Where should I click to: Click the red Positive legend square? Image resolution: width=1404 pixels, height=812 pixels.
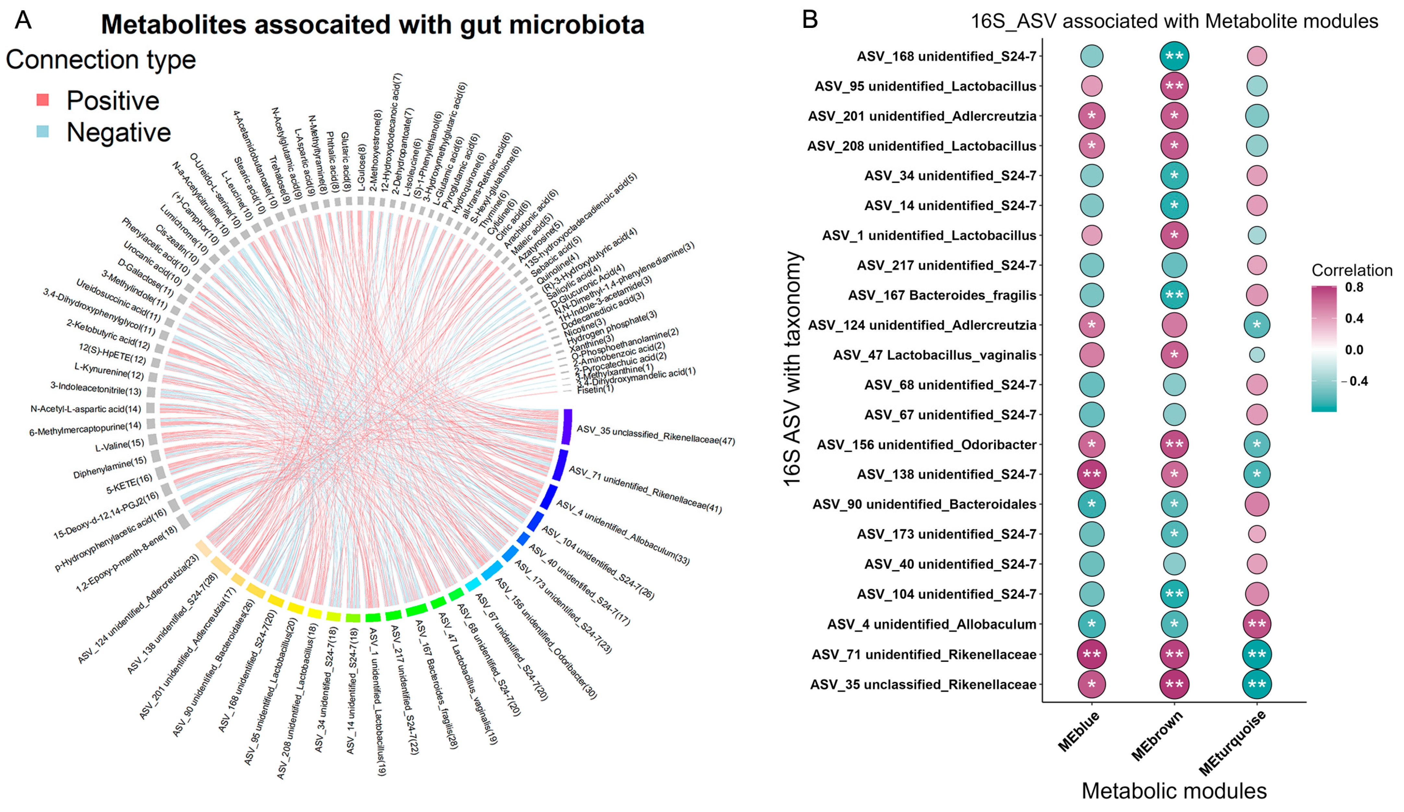tap(42, 100)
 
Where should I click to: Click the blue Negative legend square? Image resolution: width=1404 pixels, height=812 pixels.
tap(42, 131)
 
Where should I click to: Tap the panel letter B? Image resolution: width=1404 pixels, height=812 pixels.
tap(810, 20)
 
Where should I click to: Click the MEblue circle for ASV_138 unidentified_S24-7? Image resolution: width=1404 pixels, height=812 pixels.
tap(1091, 474)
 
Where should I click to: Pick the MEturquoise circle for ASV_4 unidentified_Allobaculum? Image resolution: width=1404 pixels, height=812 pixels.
tap(1256, 624)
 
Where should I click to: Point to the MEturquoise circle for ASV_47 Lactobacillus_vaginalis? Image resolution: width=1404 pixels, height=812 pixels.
tap(1256, 355)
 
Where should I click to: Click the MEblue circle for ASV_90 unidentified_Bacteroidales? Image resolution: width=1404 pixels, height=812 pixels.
tap(1091, 504)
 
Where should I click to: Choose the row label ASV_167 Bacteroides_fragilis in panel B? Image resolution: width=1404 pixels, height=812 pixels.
tap(942, 295)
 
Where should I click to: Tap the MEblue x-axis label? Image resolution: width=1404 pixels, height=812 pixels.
tap(1079, 732)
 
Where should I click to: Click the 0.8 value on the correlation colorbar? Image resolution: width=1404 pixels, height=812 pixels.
tap(1354, 287)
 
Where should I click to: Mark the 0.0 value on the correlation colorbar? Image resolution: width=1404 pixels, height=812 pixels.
tap(1354, 350)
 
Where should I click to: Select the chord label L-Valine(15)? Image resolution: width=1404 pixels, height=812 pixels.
tap(119, 445)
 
